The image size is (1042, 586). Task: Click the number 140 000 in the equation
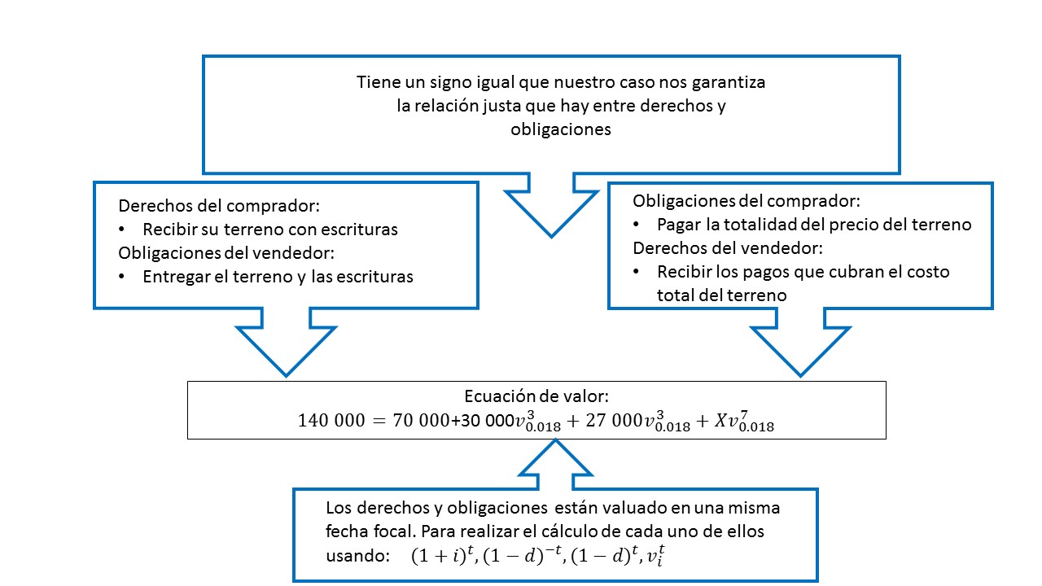331,421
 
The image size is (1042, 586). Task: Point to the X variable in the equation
717,421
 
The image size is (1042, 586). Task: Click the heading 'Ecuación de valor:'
536,396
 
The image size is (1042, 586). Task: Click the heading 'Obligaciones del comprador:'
746,200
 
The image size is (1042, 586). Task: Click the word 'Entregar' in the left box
172,277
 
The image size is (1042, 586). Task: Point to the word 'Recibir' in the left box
168,230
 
